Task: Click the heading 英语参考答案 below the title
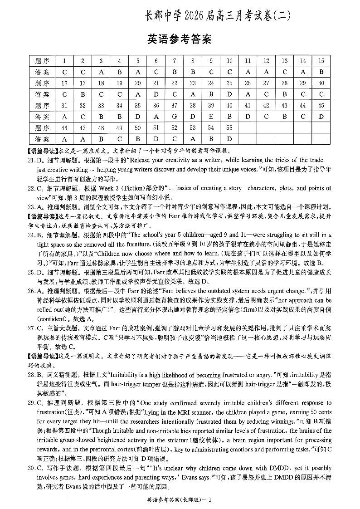[180, 39]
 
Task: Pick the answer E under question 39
[211, 117]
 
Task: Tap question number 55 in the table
[229, 127]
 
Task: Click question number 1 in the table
[64, 61]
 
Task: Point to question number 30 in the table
[321, 83]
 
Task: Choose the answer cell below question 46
[64, 139]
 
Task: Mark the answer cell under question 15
[321, 72]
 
